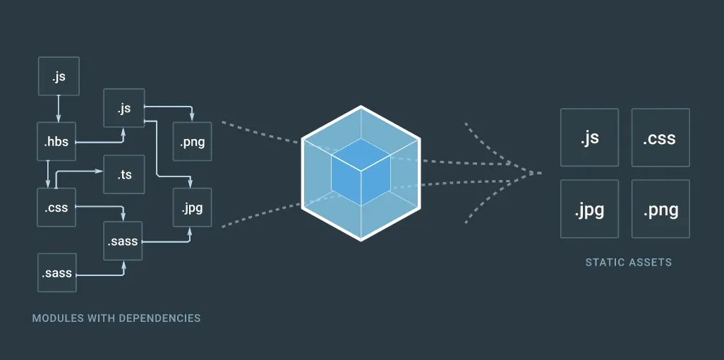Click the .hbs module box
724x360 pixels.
56,142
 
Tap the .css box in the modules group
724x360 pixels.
56,208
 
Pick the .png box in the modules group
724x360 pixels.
192,142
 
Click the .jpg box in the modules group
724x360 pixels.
192,208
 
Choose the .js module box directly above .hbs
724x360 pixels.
59,76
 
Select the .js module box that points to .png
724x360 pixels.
123,109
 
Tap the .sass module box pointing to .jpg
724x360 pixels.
123,241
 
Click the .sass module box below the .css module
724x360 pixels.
56,273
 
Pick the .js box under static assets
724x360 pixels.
589,137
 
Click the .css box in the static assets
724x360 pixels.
660,137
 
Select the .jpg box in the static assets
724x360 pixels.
589,209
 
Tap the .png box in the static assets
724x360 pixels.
660,209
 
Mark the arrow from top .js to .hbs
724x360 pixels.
59,109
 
